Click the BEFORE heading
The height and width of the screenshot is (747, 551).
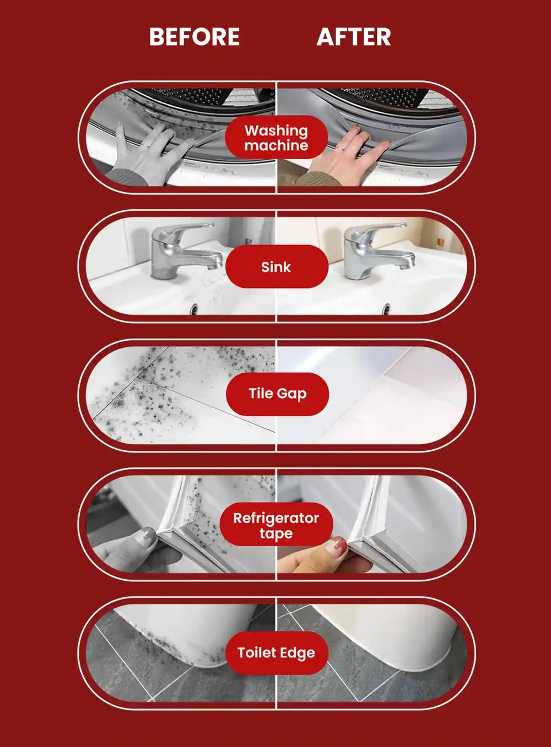click(195, 37)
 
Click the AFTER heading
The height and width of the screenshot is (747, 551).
click(354, 37)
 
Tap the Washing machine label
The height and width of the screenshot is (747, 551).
click(276, 138)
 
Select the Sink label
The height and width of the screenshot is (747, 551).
click(277, 267)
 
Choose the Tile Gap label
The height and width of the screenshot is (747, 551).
click(277, 394)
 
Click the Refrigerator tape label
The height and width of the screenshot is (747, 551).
click(276, 525)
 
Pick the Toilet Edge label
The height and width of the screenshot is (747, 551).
click(277, 653)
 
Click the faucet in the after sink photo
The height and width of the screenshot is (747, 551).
click(376, 250)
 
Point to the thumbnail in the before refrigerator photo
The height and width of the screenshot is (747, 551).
click(147, 536)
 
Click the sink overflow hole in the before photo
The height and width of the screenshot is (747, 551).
click(193, 309)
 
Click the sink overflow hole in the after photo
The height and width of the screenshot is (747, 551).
click(386, 309)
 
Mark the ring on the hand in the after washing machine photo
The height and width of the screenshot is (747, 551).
click(341, 149)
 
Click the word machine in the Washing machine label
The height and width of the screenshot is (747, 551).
click(276, 145)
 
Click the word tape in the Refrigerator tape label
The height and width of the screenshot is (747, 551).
click(276, 533)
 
